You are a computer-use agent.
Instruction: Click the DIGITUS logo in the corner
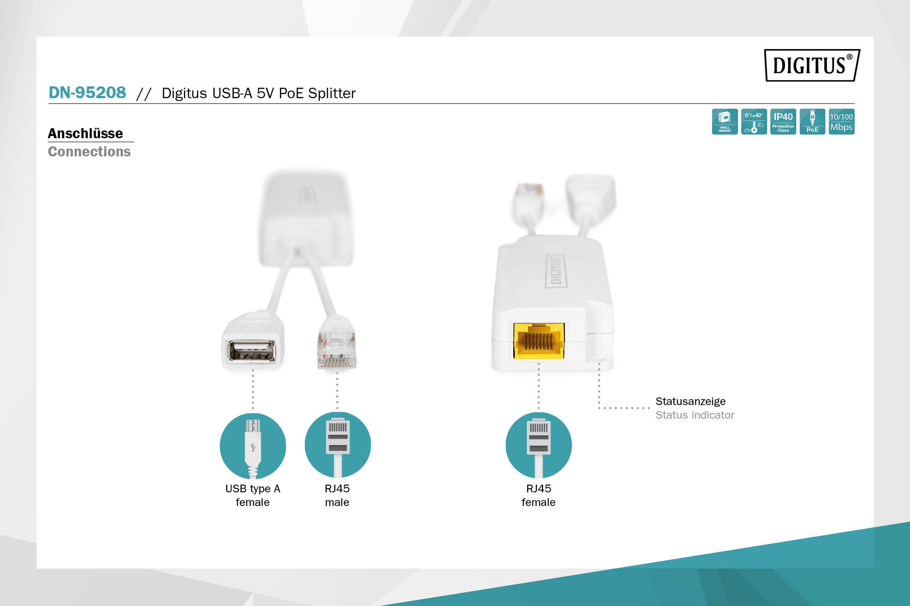812,65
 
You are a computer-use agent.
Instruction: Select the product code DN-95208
87,93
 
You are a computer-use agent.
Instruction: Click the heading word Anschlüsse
86,133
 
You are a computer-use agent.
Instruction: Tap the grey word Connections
89,151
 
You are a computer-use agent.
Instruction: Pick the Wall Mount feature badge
725,121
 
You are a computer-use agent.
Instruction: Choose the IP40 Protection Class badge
783,121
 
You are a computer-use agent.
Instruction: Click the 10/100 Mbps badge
841,121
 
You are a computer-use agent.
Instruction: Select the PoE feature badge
812,121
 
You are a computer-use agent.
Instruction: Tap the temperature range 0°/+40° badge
754,121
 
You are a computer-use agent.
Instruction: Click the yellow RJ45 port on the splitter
539,341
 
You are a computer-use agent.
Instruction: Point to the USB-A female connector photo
253,341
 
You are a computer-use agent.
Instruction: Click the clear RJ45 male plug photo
336,343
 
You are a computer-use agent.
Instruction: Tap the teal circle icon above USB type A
253,446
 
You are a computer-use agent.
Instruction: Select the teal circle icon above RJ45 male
338,445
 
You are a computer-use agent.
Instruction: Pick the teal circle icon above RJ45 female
539,445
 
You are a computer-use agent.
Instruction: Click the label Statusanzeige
690,401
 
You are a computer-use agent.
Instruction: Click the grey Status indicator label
695,415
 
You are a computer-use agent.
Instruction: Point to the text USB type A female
253,496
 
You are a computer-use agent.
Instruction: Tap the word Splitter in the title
332,93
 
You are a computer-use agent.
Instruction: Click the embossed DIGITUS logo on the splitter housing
556,271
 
